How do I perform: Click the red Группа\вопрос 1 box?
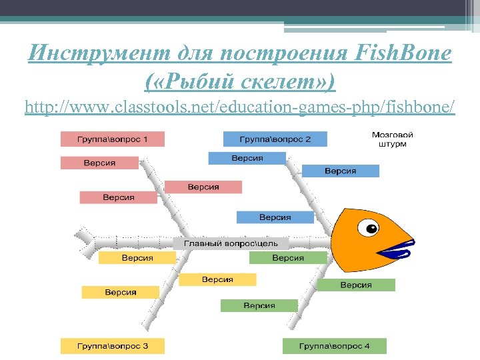(x=112, y=139)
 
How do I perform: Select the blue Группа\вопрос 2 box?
(x=275, y=139)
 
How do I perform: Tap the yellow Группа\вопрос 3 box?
(x=112, y=346)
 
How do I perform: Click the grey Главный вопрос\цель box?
(x=231, y=243)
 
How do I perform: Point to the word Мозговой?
(x=387, y=135)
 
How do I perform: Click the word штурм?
(x=387, y=144)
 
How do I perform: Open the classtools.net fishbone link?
(x=240, y=107)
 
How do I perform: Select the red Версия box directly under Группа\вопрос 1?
(x=99, y=163)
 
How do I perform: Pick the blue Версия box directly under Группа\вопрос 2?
(x=247, y=158)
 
